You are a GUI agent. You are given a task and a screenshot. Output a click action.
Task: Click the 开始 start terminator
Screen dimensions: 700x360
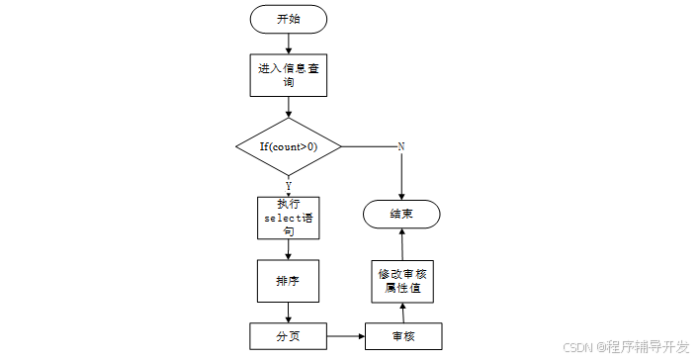click(x=289, y=19)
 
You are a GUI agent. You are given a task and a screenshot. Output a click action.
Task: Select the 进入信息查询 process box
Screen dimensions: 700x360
click(x=289, y=75)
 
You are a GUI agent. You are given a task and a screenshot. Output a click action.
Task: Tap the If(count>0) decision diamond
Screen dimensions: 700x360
click(x=289, y=146)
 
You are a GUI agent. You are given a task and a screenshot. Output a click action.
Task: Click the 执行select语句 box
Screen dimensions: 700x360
click(x=289, y=218)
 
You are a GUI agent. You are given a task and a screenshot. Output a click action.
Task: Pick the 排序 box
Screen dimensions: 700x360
click(x=288, y=281)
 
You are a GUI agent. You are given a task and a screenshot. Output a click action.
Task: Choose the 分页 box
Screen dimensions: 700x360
click(x=289, y=336)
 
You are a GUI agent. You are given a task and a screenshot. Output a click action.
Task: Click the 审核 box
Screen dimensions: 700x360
click(x=403, y=336)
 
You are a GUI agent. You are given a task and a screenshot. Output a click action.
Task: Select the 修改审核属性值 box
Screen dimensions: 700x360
click(x=402, y=282)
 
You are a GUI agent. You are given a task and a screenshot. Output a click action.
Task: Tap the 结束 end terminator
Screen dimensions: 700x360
click(x=401, y=214)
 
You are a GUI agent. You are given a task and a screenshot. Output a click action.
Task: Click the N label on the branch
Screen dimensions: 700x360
click(x=400, y=146)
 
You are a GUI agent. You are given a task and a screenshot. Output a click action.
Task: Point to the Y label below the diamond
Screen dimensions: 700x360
click(x=289, y=186)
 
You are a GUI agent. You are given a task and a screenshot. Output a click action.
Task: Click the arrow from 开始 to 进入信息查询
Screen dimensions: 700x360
click(x=289, y=44)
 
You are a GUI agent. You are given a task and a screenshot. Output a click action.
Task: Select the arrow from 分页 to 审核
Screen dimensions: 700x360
click(x=346, y=336)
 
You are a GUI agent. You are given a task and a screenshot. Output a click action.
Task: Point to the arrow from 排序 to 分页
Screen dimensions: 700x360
click(x=289, y=313)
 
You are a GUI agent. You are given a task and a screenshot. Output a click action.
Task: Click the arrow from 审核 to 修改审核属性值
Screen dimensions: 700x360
click(x=403, y=314)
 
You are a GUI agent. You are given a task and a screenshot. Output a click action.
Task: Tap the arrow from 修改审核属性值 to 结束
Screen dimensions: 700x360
click(x=402, y=244)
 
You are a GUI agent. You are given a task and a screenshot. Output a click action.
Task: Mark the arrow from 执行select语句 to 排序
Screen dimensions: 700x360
click(x=289, y=249)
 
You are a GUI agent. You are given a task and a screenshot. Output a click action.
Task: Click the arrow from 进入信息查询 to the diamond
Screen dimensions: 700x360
click(x=289, y=107)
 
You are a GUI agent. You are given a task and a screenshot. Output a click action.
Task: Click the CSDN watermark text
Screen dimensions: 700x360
click(x=626, y=347)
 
